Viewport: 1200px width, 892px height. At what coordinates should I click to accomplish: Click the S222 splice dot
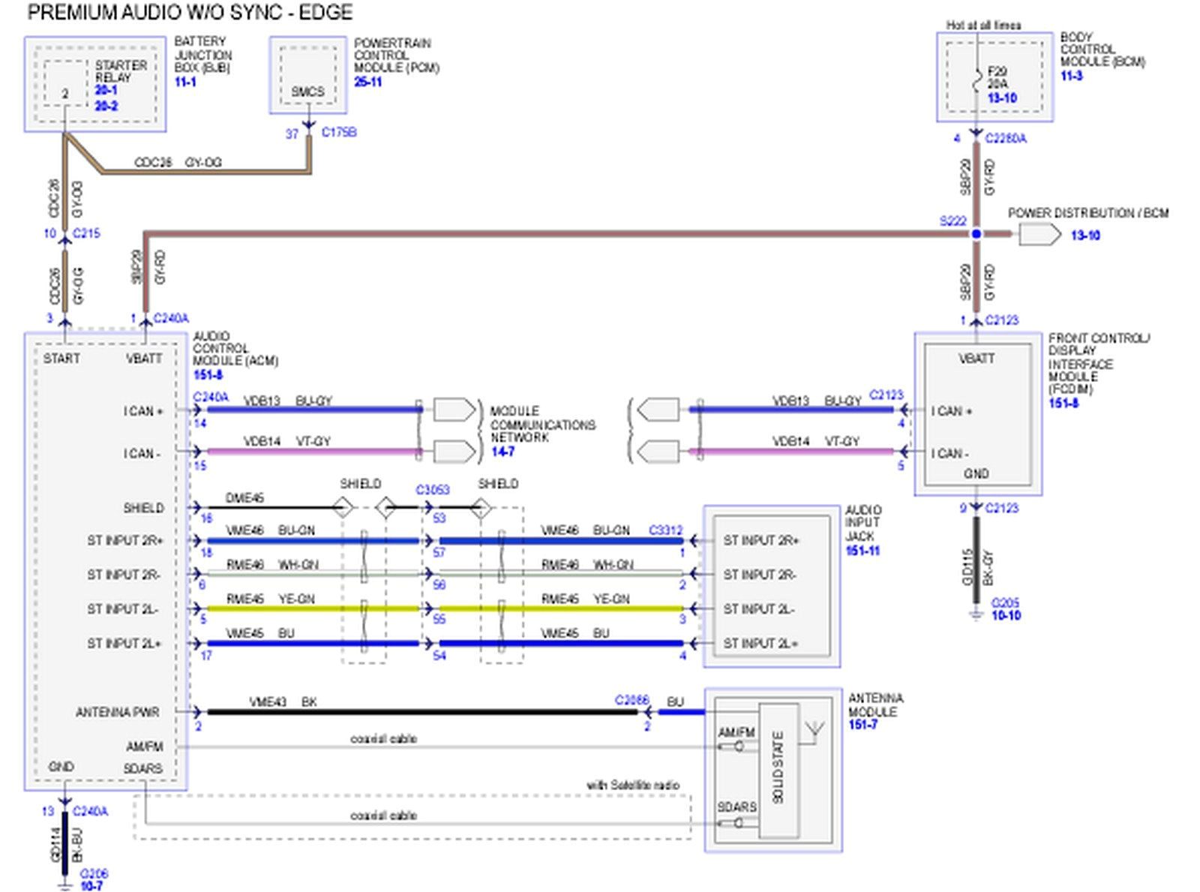pos(976,235)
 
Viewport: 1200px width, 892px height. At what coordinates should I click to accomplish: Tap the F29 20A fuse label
pos(997,77)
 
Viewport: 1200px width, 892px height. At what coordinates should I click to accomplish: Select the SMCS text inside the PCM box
pos(307,92)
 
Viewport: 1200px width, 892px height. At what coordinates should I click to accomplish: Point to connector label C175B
pos(339,132)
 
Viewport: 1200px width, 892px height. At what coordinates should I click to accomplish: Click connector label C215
pos(86,233)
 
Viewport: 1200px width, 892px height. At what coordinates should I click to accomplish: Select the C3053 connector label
pos(432,490)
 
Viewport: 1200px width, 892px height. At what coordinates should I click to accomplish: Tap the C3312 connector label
pos(665,530)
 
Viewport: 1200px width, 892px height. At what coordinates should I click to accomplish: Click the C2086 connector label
pos(631,700)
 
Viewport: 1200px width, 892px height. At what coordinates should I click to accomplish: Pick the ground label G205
pos(1005,602)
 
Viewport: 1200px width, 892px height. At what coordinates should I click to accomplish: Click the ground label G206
pos(94,873)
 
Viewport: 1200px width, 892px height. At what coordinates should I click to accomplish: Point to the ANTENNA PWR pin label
pos(117,712)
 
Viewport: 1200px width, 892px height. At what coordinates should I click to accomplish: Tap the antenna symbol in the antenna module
pos(814,730)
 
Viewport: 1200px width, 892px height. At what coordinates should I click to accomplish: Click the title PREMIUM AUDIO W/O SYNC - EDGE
pos(190,13)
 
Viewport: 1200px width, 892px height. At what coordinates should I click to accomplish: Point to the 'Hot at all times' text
pos(982,26)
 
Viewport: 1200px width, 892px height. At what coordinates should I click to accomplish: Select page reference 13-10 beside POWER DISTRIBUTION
pos(1084,236)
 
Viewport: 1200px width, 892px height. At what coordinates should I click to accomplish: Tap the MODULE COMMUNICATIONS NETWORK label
pos(541,425)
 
